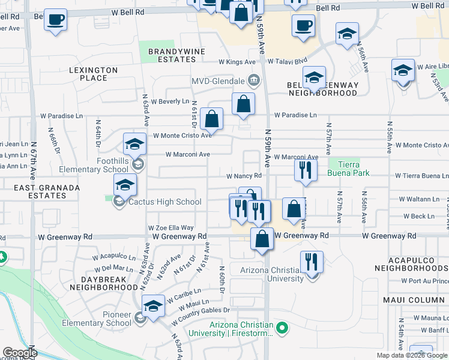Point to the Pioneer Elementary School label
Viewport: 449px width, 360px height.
click(108, 319)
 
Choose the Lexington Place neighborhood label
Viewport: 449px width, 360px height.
click(93, 74)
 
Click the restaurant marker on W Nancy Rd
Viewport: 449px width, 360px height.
click(306, 170)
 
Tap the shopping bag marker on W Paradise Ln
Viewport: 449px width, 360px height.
click(243, 104)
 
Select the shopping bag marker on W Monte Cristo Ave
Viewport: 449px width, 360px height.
click(212, 119)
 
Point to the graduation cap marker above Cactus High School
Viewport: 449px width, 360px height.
click(125, 185)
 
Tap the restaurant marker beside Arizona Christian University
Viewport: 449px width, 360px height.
click(312, 262)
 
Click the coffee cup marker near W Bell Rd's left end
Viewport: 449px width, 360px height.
click(55, 19)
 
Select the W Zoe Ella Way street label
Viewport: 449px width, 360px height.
click(171, 228)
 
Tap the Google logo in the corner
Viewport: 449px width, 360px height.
click(20, 353)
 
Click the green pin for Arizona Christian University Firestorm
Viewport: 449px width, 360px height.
click(285, 328)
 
